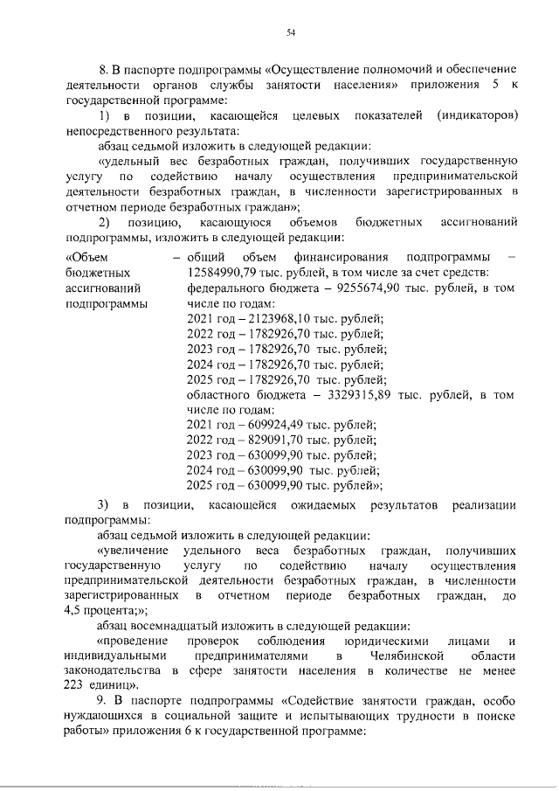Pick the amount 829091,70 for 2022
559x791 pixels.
point(264,441)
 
